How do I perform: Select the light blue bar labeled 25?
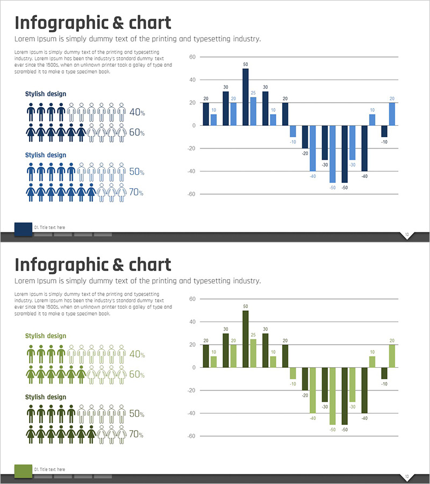point(253,111)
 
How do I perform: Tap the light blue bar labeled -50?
point(333,154)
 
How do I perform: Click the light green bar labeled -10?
point(293,373)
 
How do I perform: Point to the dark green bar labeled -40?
point(364,390)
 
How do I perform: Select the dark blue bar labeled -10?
point(384,131)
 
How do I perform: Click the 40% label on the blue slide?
point(137,112)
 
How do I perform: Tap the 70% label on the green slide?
point(137,434)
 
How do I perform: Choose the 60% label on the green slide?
point(137,374)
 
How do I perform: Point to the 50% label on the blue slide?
point(137,172)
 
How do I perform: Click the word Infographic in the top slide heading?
point(60,24)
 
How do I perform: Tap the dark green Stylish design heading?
point(46,397)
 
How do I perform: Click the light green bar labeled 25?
point(253,353)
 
